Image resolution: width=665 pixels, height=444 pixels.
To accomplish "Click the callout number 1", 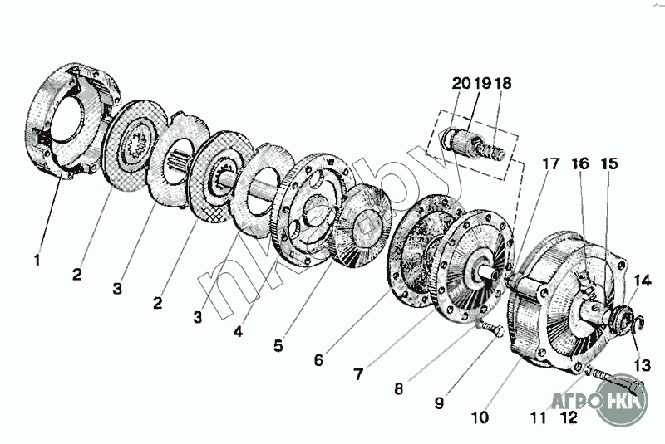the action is (37, 260).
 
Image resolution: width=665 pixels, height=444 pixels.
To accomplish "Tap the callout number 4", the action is (239, 331).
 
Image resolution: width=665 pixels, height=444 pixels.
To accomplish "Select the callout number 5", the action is (278, 345).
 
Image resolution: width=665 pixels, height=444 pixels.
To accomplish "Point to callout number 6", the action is (318, 360).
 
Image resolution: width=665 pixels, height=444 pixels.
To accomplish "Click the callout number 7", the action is (358, 373).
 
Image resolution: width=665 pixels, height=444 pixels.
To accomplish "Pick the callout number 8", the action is (398, 388).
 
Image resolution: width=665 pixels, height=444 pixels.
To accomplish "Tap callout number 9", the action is (440, 403).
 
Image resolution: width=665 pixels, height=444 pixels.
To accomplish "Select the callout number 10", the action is (480, 417).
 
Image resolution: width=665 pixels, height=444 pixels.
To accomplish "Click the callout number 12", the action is (569, 417).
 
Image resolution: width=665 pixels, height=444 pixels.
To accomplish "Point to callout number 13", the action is (642, 365).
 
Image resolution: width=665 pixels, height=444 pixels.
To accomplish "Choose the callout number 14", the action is (642, 281).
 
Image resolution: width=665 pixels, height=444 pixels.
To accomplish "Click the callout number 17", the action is (550, 163).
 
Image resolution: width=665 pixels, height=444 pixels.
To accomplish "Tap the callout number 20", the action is (461, 83).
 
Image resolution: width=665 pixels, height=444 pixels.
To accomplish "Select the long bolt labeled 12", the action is (618, 379).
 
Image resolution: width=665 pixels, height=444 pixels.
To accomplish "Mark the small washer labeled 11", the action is (588, 371).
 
